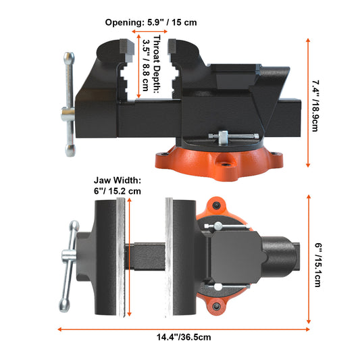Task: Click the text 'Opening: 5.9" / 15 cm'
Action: tap(151, 22)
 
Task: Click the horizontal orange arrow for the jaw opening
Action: tap(149, 31)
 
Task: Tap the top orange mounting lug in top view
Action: tap(215, 205)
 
